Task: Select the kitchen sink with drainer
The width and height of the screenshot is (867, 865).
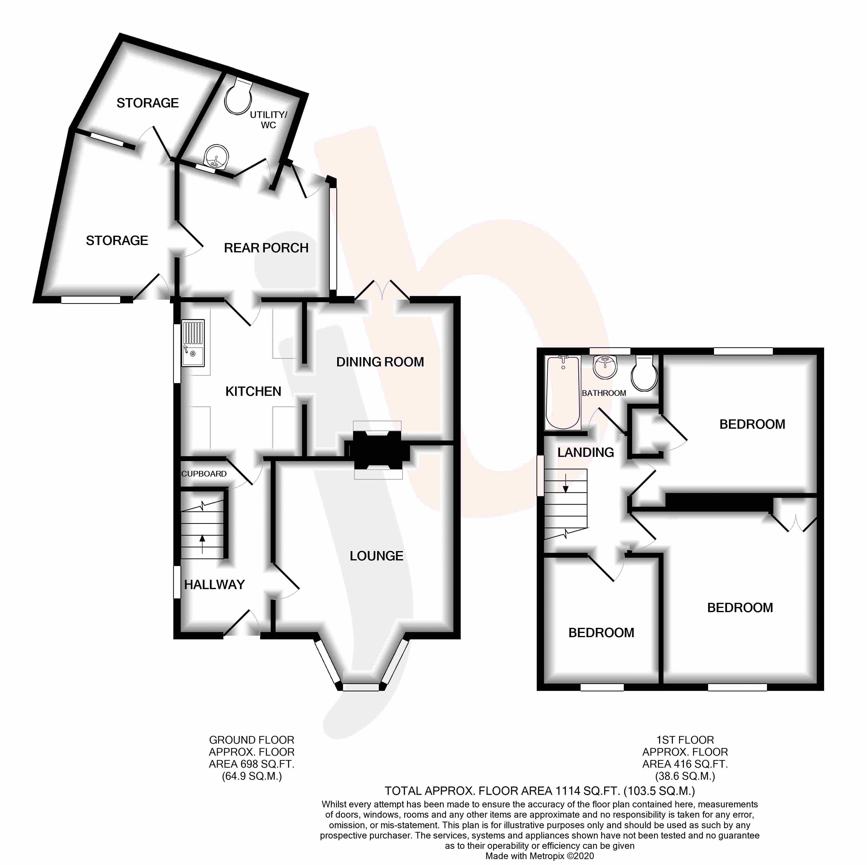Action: (193, 343)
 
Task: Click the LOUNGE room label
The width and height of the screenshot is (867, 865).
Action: (377, 556)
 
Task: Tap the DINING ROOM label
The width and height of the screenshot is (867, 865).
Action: (380, 362)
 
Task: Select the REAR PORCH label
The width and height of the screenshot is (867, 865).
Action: (266, 248)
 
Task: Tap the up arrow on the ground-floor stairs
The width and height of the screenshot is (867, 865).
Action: (202, 544)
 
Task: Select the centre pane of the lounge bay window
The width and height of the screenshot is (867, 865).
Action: (361, 687)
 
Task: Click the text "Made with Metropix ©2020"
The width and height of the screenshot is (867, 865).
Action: (539, 856)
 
